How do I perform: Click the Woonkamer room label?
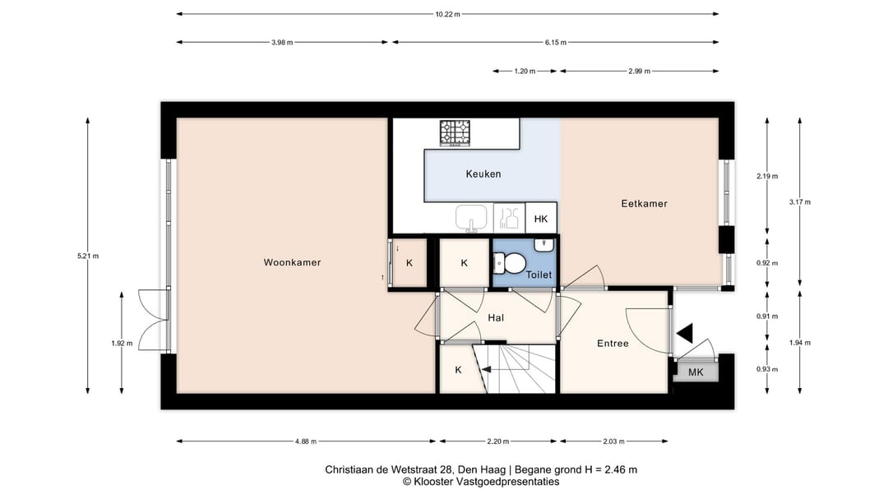click(292, 262)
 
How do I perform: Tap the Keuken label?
click(483, 174)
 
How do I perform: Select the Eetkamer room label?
click(644, 203)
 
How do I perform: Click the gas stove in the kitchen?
click(456, 133)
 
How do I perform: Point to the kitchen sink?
click(471, 218)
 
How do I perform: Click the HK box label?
click(541, 219)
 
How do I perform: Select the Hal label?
click(496, 318)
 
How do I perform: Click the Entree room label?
click(613, 344)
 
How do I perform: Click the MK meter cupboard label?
click(696, 372)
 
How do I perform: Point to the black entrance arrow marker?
click(685, 333)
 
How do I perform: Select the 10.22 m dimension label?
click(447, 14)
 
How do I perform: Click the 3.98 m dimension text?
click(282, 43)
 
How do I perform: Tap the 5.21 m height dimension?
click(88, 256)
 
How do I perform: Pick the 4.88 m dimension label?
click(306, 441)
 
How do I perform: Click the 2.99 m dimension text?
click(639, 72)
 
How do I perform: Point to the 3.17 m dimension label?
click(800, 202)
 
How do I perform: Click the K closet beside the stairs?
click(458, 370)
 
